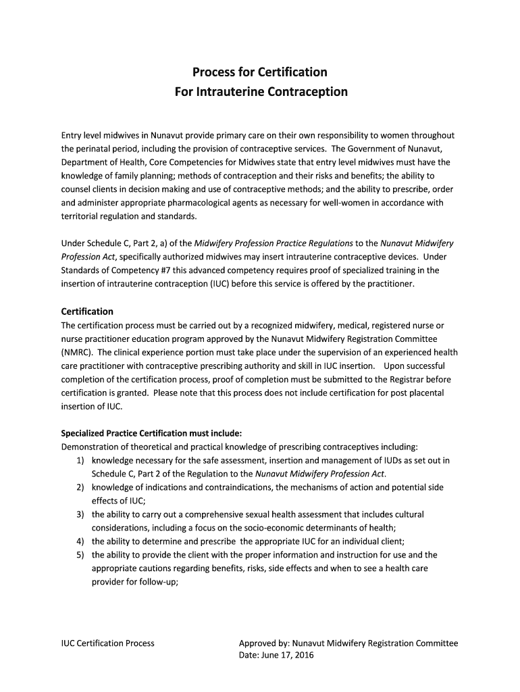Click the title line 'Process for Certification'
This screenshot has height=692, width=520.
tap(260, 72)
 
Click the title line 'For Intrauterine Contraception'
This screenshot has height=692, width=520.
tap(260, 91)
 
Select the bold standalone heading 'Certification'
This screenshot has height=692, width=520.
tap(87, 312)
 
